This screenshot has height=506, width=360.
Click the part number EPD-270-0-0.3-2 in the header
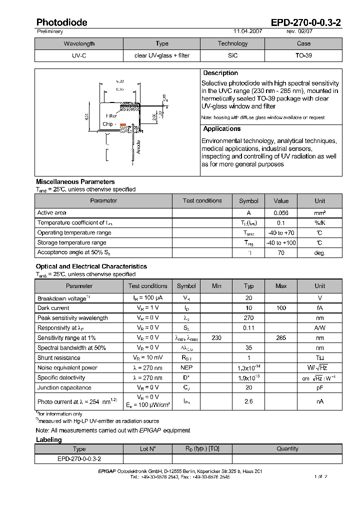click(x=306, y=22)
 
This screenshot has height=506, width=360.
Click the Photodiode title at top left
click(x=61, y=22)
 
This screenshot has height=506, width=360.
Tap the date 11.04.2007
click(x=247, y=31)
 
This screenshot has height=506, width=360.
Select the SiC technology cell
click(x=232, y=55)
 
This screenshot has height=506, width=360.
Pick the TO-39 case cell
click(x=303, y=55)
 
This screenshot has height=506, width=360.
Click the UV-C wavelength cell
click(x=78, y=55)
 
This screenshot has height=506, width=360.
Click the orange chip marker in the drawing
click(x=123, y=124)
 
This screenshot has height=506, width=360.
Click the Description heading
click(x=220, y=73)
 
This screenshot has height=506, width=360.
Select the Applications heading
click(x=222, y=128)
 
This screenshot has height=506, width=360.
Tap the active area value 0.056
click(x=281, y=213)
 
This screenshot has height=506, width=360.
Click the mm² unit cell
click(x=320, y=213)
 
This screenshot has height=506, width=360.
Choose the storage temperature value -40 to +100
click(x=281, y=243)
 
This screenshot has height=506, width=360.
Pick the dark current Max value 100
click(x=281, y=308)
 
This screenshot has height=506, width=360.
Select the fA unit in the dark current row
click(x=320, y=308)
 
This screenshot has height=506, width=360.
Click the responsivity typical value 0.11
click(x=248, y=328)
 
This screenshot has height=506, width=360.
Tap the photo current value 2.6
click(x=248, y=401)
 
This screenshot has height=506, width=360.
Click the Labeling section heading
click(x=49, y=440)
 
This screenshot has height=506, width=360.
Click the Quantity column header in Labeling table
click(x=287, y=449)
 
